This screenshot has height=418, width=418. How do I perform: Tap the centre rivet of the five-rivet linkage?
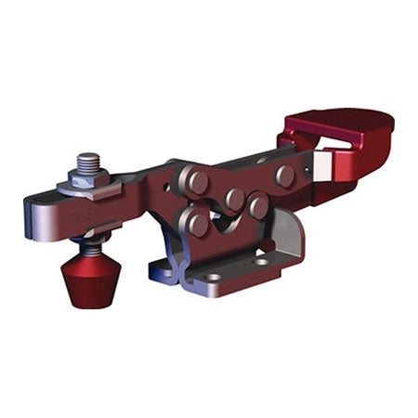(x=233, y=199)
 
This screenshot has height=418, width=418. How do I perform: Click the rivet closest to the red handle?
(x=285, y=175)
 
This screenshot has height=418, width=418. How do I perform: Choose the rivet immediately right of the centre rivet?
(x=258, y=206)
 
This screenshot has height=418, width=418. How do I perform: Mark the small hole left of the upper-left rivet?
(x=169, y=187)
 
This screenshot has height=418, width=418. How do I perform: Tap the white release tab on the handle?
(x=322, y=166)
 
